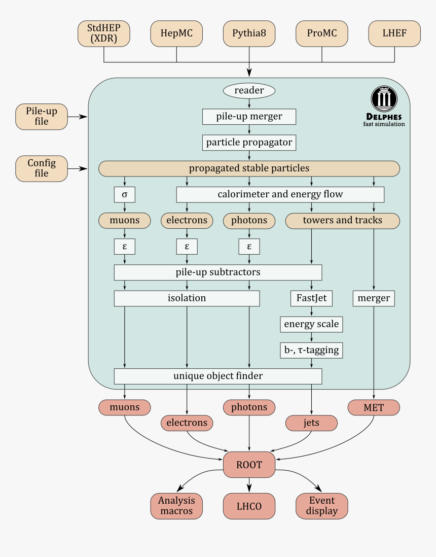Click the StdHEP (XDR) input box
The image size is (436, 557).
tap(104, 34)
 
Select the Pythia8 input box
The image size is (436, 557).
tap(249, 34)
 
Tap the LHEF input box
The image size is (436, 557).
tap(394, 34)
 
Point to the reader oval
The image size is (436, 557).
tap(249, 91)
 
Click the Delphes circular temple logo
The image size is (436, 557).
tap(384, 99)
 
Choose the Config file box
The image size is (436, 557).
tap(42, 168)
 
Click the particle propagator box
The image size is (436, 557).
tap(249, 143)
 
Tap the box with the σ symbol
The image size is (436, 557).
tap(125, 194)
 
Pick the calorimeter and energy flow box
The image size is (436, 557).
tap(280, 194)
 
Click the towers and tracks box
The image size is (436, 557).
tap(342, 220)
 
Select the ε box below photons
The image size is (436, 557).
tap(249, 247)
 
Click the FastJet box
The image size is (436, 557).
tap(311, 298)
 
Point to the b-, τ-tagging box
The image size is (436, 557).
tap(311, 350)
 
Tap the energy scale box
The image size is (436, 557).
tap(311, 324)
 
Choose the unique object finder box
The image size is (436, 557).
tap(218, 376)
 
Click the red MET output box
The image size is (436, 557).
tap(374, 407)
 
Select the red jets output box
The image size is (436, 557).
tap(311, 423)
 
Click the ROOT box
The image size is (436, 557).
tap(249, 464)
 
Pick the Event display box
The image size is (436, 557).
tap(321, 506)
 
